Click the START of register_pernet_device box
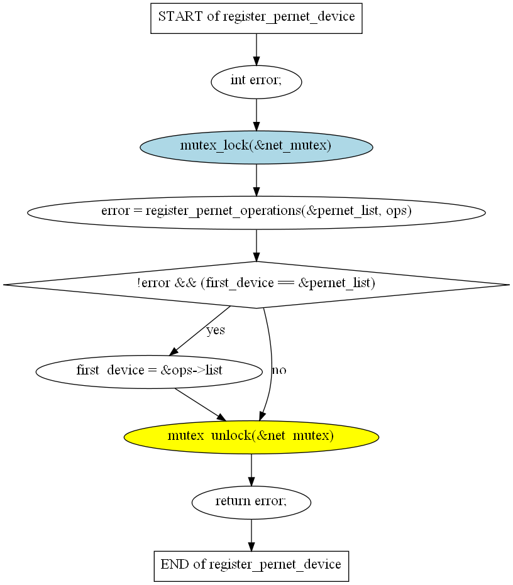[256, 17]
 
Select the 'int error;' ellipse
[256, 82]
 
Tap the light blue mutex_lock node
[256, 146]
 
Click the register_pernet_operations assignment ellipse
[256, 212]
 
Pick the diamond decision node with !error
[256, 284]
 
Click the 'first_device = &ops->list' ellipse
[149, 371]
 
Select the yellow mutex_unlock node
[251, 436]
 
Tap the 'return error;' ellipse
[251, 501]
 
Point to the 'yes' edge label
[216, 330]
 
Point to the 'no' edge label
[279, 371]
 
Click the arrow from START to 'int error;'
[256, 49]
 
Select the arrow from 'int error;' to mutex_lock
[256, 114]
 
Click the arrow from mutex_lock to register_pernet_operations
[256, 179]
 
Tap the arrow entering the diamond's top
[256, 244]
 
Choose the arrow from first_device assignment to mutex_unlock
[199, 404]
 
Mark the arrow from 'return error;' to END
[251, 535]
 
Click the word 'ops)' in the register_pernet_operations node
[400, 212]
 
